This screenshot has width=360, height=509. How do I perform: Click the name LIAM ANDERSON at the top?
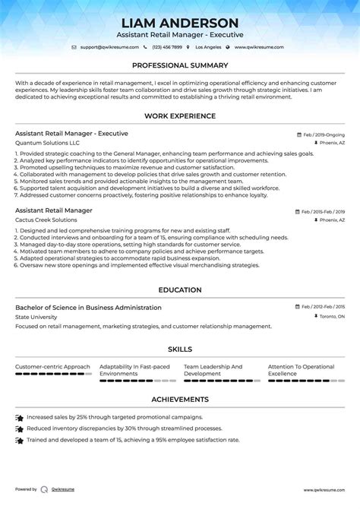click(x=180, y=23)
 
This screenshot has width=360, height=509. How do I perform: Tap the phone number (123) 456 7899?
click(x=172, y=47)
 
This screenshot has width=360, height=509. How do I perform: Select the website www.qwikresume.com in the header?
click(x=258, y=47)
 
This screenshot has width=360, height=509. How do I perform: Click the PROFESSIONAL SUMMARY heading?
click(x=180, y=65)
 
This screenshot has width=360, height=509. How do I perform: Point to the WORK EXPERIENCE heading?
click(x=180, y=115)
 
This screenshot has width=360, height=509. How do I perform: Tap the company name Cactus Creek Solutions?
click(x=46, y=220)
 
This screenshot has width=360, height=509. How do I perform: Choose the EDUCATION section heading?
click(x=180, y=289)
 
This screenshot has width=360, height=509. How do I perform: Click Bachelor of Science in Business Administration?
click(x=88, y=308)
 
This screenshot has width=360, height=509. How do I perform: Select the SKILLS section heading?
click(x=180, y=349)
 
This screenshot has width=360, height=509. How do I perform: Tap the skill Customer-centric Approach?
click(x=52, y=367)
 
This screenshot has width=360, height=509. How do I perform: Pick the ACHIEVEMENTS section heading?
click(x=180, y=399)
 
